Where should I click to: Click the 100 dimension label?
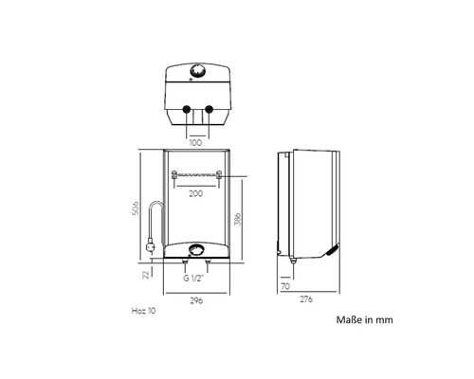pos(195,143)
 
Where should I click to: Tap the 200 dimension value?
pos(196,193)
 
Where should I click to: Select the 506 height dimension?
pos(135,208)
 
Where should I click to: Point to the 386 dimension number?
pos(237,219)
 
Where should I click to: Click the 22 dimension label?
pos(146,275)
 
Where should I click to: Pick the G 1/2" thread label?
pos(193,279)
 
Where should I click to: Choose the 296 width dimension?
pos(196,300)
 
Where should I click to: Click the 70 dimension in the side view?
pos(285,286)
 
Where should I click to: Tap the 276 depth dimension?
pos(306,298)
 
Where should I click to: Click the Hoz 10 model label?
pos(144,311)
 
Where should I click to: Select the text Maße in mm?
pos(365,319)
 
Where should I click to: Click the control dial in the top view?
pos(198,71)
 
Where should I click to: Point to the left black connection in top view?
pos(186,109)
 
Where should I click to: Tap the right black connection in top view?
pos(209,109)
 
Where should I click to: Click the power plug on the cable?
pos(151,246)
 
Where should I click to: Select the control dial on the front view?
pos(196,250)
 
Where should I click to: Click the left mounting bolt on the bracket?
pos(174,174)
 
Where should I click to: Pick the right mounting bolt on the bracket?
pos(219,174)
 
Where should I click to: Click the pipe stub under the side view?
pos(293,261)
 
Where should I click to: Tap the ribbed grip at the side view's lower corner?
pos(333,250)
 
